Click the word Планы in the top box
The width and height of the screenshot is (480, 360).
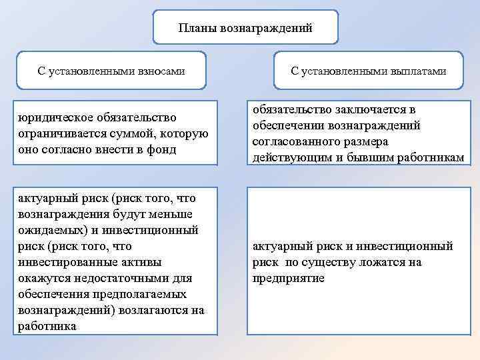195,28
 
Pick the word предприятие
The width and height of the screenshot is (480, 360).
288,278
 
